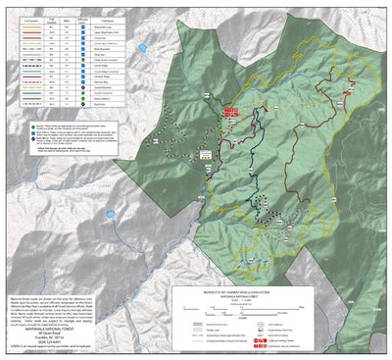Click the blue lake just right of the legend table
point(144,46)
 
